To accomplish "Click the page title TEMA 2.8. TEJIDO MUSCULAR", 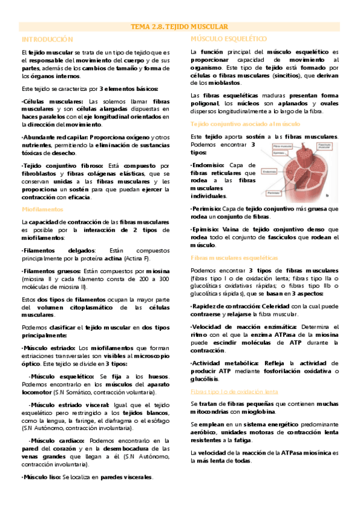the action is tap(180, 27).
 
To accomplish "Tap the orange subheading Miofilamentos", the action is tap(42, 210).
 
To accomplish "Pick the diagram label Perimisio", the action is tap(273, 192).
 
